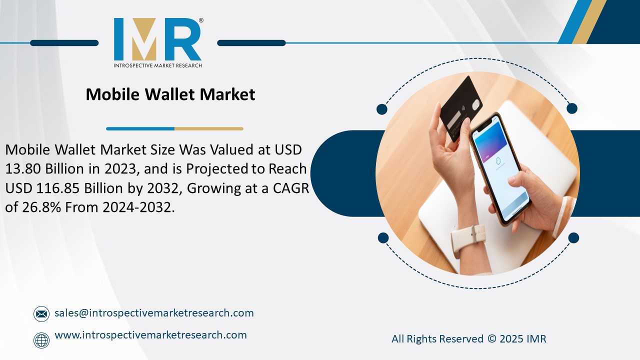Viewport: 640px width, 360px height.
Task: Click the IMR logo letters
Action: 157,40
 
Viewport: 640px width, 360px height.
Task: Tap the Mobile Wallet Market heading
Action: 170,94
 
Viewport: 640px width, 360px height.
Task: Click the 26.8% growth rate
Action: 40,207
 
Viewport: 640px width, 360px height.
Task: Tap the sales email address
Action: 154,313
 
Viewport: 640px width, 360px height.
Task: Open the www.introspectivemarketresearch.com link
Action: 150,335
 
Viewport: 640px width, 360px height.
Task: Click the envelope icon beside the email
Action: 41,314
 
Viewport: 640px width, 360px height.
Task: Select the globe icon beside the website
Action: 41,340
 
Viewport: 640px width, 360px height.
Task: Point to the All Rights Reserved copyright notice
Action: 468,339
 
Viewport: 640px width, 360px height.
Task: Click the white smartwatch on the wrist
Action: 468,239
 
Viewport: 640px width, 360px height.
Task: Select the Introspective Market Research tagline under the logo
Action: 157,65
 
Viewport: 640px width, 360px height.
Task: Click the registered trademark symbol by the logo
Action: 201,20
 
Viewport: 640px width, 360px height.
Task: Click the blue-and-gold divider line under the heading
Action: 174,128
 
